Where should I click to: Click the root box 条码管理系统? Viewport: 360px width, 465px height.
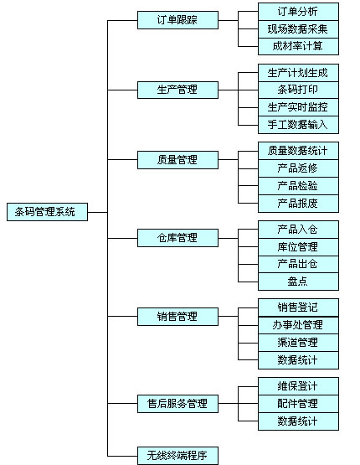click(x=48, y=212)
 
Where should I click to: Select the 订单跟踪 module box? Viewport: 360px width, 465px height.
click(x=177, y=20)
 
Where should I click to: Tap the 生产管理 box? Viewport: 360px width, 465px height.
click(x=177, y=90)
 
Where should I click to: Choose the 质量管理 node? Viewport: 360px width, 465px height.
click(x=177, y=160)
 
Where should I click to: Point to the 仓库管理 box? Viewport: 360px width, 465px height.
click(x=177, y=238)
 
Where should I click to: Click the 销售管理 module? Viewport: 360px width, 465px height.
click(x=177, y=317)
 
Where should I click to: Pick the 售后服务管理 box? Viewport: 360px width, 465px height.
click(x=177, y=404)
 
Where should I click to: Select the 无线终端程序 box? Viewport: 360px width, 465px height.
click(x=177, y=456)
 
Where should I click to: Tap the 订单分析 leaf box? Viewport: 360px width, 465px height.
click(x=298, y=12)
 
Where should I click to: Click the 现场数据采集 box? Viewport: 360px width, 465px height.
click(x=298, y=29)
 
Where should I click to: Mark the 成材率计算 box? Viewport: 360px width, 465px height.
click(x=298, y=46)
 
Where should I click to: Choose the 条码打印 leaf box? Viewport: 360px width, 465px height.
click(x=298, y=90)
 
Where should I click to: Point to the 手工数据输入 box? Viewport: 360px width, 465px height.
click(x=298, y=125)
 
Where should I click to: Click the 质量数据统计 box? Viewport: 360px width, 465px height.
click(x=298, y=151)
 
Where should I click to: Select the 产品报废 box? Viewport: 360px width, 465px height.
click(x=298, y=204)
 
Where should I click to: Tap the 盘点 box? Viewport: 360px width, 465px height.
click(x=298, y=282)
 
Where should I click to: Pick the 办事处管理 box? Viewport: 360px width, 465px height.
click(x=298, y=325)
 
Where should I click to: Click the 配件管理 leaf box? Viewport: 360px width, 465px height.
click(x=298, y=404)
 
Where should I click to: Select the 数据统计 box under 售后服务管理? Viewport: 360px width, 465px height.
click(x=298, y=421)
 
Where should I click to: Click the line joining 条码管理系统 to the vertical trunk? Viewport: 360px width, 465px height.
click(x=98, y=212)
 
